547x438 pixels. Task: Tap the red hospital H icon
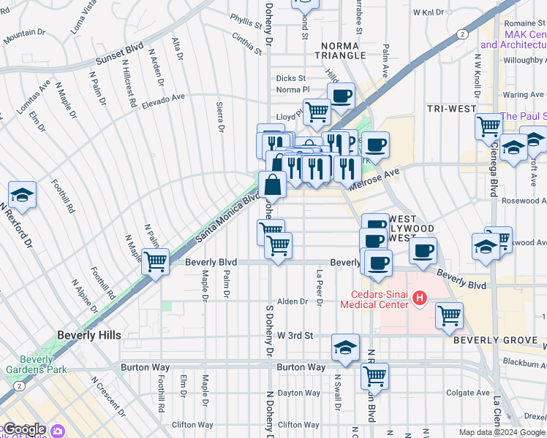click(x=420, y=298)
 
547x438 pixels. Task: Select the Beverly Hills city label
click(x=88, y=335)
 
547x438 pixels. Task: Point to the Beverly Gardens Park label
click(x=37, y=365)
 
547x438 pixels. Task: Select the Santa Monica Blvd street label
click(x=227, y=219)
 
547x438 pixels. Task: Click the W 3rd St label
click(x=295, y=335)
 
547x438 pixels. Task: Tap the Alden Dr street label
click(x=292, y=301)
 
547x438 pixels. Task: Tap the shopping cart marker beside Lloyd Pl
click(x=317, y=112)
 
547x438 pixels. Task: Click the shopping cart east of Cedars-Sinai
click(x=449, y=315)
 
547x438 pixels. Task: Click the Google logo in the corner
click(x=23, y=430)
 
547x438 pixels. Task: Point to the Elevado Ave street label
click(x=164, y=96)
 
